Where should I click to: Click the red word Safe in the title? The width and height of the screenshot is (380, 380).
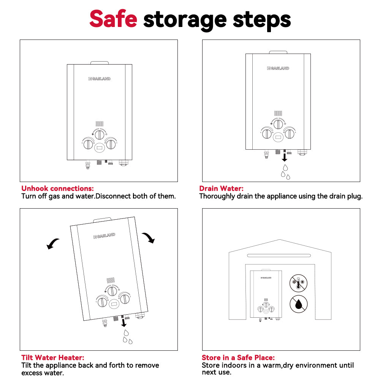pos(113,19)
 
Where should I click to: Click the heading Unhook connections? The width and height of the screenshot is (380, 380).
pos(57,188)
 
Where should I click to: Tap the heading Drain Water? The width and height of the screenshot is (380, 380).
pos(221,188)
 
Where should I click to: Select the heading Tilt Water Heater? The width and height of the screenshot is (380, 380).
pos(53,358)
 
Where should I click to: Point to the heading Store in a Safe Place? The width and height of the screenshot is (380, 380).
pos(238,358)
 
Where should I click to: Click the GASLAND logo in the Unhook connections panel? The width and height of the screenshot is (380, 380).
pos(100,79)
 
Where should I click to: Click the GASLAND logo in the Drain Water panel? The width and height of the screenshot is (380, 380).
pos(278,68)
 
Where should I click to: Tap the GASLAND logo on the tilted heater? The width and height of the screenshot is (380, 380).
pos(104,236)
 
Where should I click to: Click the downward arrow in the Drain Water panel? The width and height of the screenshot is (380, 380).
pos(285,157)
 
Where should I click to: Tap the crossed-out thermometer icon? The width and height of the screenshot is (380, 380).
pos(299,283)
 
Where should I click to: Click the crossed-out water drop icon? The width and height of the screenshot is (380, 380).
pos(299,304)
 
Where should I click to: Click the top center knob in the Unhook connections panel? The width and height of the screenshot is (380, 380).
pos(100,135)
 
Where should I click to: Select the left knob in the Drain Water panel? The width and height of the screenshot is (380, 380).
pos(267,134)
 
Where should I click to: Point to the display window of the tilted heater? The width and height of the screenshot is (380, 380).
pos(114,303)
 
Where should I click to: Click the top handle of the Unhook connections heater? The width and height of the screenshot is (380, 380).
pos(100,63)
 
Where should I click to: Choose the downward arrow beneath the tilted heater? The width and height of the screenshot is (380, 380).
pos(124,323)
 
